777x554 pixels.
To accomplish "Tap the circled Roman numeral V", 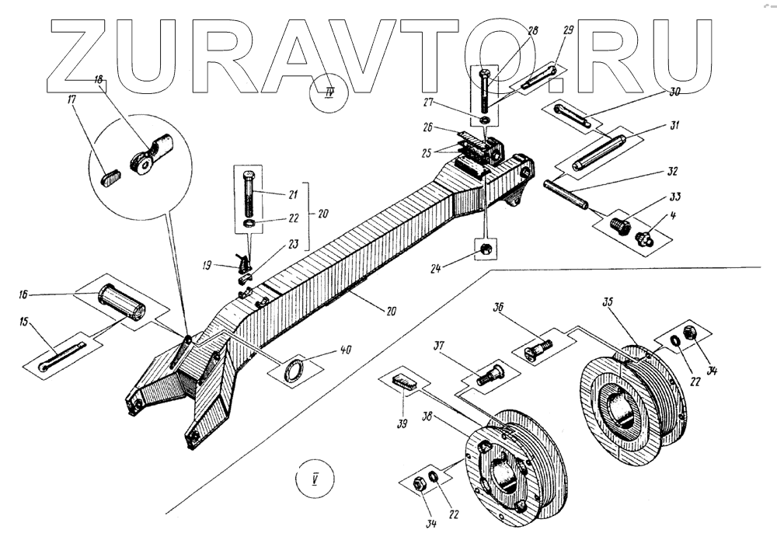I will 315,477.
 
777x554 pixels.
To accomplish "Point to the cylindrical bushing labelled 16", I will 121,302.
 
